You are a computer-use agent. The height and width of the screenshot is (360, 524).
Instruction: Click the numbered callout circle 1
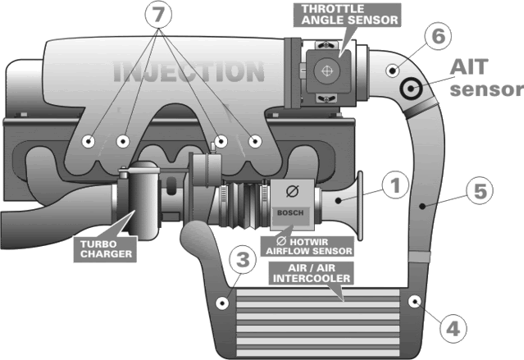point(394,187)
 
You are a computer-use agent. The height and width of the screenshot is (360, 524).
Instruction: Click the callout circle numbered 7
point(160,14)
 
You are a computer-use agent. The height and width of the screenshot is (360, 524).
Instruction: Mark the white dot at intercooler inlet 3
point(221,305)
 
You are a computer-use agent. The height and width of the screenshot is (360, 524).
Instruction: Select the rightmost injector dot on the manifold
point(255,142)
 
